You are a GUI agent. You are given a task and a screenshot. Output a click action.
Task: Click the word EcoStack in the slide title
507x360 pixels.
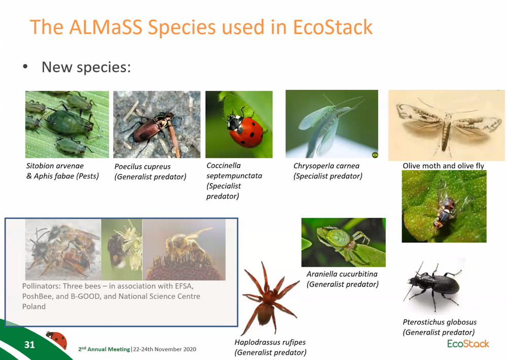pos(333,27)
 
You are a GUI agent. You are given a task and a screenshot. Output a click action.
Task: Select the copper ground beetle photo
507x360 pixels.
pos(157,125)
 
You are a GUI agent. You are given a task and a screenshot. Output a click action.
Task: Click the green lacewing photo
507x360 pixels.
pos(332,124)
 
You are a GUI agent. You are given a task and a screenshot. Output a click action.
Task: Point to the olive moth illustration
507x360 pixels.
pos(447,126)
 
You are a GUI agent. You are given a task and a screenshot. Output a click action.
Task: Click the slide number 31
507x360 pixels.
pos(29,344)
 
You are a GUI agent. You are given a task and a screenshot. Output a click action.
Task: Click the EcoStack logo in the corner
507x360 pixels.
pos(468,343)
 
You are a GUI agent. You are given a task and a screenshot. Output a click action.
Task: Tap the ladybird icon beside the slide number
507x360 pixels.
pos(57,340)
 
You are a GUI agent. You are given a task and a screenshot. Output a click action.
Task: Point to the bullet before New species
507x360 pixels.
pos(25,67)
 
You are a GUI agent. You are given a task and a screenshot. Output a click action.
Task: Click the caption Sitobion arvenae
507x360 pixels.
pos(55,166)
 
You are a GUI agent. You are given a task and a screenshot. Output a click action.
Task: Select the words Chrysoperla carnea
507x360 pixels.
pos(326,166)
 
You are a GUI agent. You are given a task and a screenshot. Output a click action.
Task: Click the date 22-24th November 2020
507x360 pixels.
pos(165,349)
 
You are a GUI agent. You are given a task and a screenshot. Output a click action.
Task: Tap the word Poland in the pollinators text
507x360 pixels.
pos(34,306)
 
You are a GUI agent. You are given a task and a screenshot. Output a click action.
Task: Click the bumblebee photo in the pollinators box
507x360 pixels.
pos(122,249)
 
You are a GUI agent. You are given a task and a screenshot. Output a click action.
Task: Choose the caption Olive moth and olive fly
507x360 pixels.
pos(443,166)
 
